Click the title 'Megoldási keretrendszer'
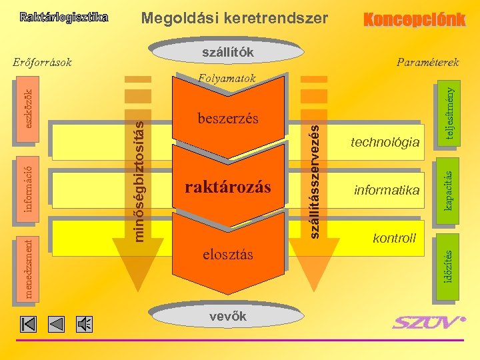point(235,18)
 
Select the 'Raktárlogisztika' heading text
point(63,17)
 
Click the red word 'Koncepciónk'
point(413,19)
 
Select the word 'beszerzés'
point(227,119)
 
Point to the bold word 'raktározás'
point(227,187)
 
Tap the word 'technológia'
point(386,142)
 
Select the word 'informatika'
point(387,191)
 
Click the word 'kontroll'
point(394,238)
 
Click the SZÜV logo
point(427,323)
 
